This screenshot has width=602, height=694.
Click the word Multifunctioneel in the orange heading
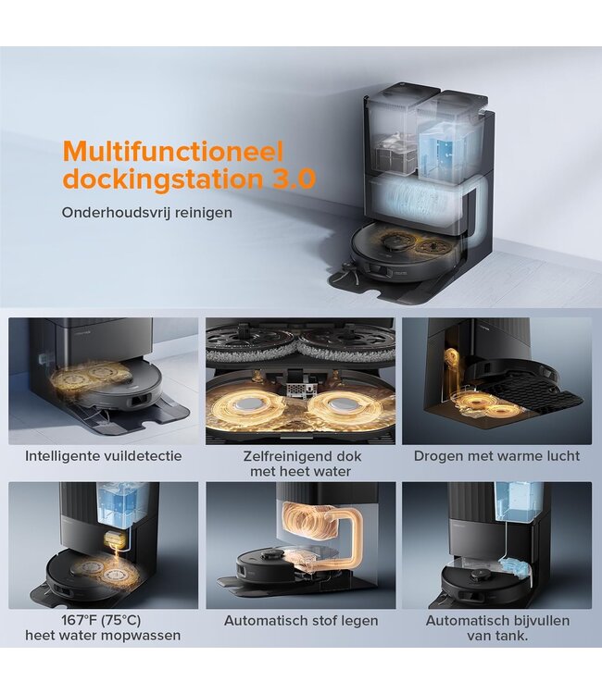173,152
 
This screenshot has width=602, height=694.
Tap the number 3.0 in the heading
294,178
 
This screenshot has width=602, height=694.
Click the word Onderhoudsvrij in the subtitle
116,213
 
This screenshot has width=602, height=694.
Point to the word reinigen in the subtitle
204,213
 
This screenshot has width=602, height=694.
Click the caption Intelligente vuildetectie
103,456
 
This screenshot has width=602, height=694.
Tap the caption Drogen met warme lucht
496,456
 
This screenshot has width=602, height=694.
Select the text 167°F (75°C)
101,620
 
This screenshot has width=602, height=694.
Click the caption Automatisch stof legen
301,621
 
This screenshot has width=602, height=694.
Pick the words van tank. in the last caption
497,636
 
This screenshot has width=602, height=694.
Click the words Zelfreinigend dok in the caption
302,456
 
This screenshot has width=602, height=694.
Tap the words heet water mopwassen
103,636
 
